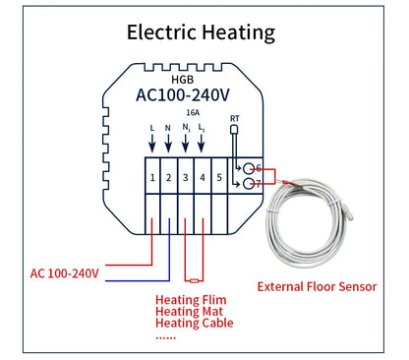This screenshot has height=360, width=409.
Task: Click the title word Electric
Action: [166, 31]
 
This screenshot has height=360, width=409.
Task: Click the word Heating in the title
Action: [241, 32]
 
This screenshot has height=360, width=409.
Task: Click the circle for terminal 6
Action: [251, 168]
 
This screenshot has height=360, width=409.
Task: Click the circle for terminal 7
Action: [251, 184]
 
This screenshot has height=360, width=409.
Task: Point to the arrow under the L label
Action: [152, 145]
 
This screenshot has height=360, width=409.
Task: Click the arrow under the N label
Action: [169, 145]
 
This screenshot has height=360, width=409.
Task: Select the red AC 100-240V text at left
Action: [65, 272]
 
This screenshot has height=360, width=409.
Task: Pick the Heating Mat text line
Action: [189, 312]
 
